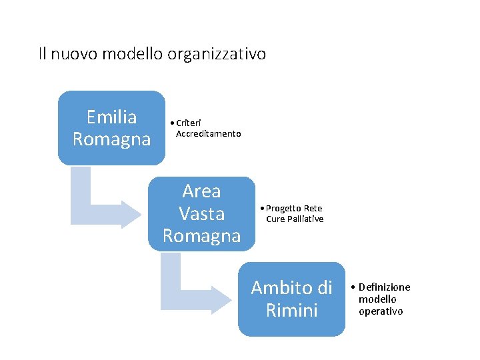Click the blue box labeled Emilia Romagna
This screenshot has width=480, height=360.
pyautogui.click(x=111, y=128)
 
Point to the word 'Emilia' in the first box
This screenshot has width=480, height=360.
pyautogui.click(x=111, y=117)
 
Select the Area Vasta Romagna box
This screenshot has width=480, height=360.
pyautogui.click(x=201, y=213)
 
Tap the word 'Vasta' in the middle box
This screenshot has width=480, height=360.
pyautogui.click(x=201, y=213)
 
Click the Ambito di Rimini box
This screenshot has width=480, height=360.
pyautogui.click(x=291, y=299)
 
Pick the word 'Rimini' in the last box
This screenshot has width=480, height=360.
pyautogui.click(x=291, y=311)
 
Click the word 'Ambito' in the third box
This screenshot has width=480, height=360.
pyautogui.click(x=275, y=288)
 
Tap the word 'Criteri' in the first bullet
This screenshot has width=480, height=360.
pyautogui.click(x=188, y=123)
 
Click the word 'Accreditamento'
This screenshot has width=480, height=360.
pyautogui.click(x=208, y=134)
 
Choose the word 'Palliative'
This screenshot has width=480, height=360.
pyautogui.click(x=305, y=219)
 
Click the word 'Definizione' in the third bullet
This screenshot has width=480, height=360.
pyautogui.click(x=385, y=287)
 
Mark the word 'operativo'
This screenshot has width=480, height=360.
pyautogui.click(x=381, y=311)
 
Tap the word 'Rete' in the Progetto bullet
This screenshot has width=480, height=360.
pyautogui.click(x=313, y=209)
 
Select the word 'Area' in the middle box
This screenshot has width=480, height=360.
pyautogui.click(x=201, y=191)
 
